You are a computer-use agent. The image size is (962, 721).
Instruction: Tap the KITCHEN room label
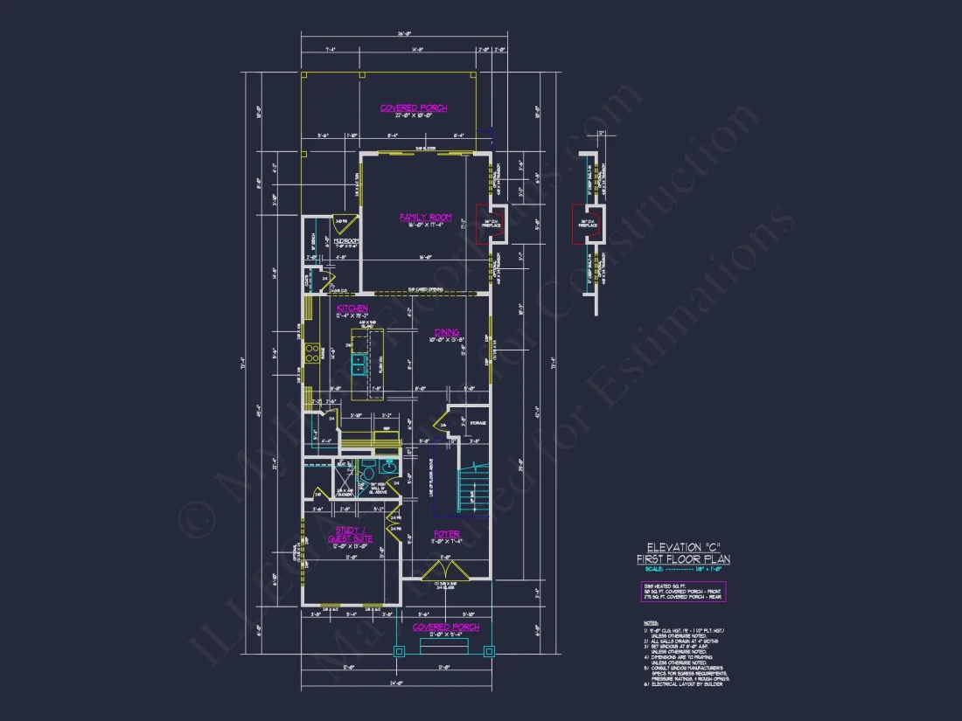tap(352, 309)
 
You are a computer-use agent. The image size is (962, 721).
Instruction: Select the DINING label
tap(447, 332)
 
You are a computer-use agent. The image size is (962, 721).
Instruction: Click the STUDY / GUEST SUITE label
tap(350, 534)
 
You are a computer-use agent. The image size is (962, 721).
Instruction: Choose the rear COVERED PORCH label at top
tap(414, 107)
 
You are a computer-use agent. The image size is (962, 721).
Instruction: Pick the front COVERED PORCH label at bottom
tap(445, 627)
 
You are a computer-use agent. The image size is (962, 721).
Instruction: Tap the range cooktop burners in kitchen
tap(310, 352)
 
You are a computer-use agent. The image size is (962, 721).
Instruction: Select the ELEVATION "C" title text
tap(683, 548)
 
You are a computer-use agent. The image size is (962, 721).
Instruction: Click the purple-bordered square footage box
tap(683, 592)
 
